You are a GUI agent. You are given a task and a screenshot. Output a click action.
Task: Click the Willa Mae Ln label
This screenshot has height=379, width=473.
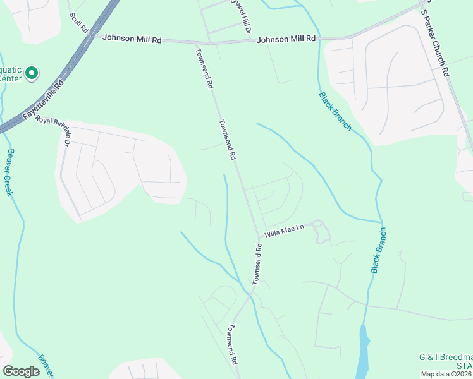(285, 233)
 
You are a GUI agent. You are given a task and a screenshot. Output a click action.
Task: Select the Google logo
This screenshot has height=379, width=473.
(21, 371)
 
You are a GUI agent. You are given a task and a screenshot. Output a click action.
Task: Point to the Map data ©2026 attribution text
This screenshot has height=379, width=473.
(446, 374)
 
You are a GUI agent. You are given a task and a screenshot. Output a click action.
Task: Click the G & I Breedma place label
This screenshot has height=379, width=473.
(446, 358)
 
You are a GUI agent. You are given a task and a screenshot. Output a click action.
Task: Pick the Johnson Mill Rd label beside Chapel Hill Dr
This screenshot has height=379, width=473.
(286, 39)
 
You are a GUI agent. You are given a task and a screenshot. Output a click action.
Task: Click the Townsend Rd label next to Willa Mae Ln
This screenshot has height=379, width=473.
(257, 262)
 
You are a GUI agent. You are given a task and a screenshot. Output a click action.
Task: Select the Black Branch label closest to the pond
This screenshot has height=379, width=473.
(378, 251)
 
